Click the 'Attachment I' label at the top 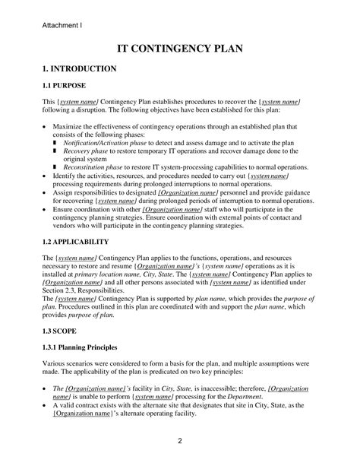pyautogui.click(x=62, y=25)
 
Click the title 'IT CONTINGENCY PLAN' pyautogui.click(x=179, y=49)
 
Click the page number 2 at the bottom pyautogui.click(x=179, y=441)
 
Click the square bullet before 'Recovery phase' pyautogui.click(x=55, y=151)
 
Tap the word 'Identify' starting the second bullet pyautogui.click(x=67, y=176)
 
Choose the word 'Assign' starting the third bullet pyautogui.click(x=65, y=193)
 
